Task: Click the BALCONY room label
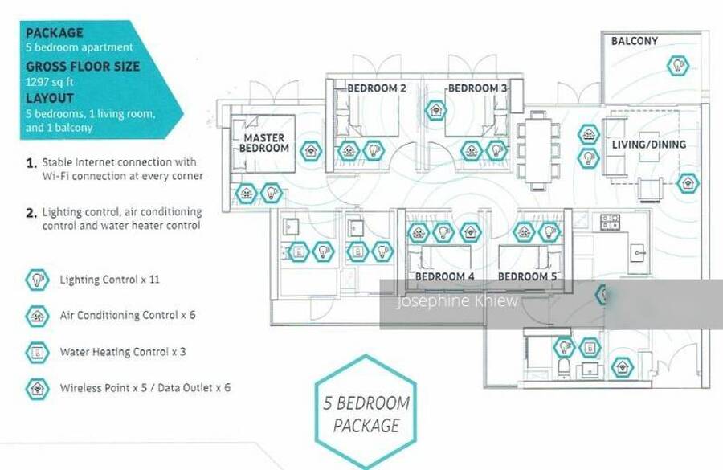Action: (x=634, y=41)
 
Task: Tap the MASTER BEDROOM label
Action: (x=265, y=144)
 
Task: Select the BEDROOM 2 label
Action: (x=376, y=88)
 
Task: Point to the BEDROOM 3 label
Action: (x=477, y=88)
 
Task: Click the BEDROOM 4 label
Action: (x=444, y=276)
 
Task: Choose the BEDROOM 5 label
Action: (x=527, y=276)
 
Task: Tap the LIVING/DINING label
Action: (x=649, y=145)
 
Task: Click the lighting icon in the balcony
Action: (x=679, y=65)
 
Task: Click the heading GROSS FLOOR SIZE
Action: (x=82, y=67)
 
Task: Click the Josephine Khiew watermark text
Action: (x=457, y=302)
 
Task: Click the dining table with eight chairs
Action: (x=537, y=149)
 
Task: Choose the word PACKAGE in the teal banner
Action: (x=55, y=34)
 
